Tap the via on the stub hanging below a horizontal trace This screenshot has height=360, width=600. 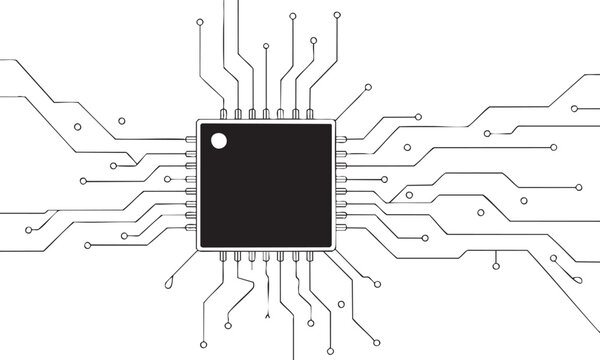(x=496, y=268)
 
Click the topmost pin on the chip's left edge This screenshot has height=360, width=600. (x=190, y=137)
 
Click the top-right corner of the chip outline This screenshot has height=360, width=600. (x=335, y=119)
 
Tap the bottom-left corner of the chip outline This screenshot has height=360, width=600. (x=198, y=250)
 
